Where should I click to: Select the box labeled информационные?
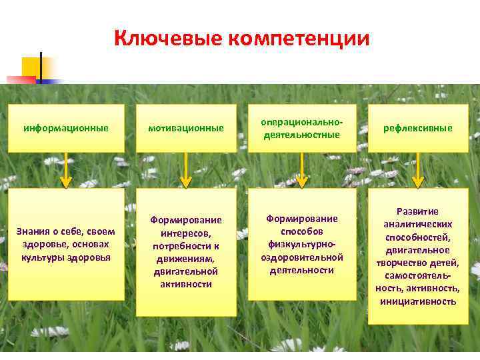(x=66, y=127)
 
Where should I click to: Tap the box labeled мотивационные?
(x=186, y=127)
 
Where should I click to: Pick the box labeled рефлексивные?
(x=418, y=127)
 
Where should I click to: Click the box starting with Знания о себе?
(x=66, y=244)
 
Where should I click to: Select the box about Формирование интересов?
(x=186, y=252)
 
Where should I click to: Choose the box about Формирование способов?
(x=302, y=244)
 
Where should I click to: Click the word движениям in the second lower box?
(x=186, y=259)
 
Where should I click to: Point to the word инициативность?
(x=418, y=301)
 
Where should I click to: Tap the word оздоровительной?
(x=302, y=257)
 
